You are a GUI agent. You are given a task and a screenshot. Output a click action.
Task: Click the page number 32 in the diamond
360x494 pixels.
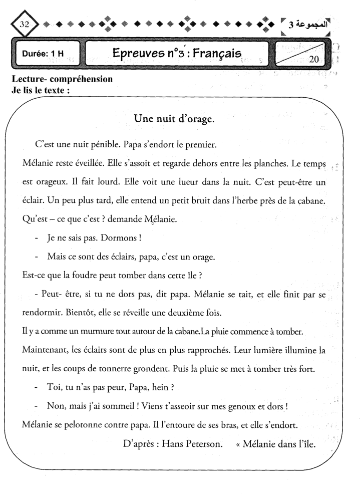coord(24,25)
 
